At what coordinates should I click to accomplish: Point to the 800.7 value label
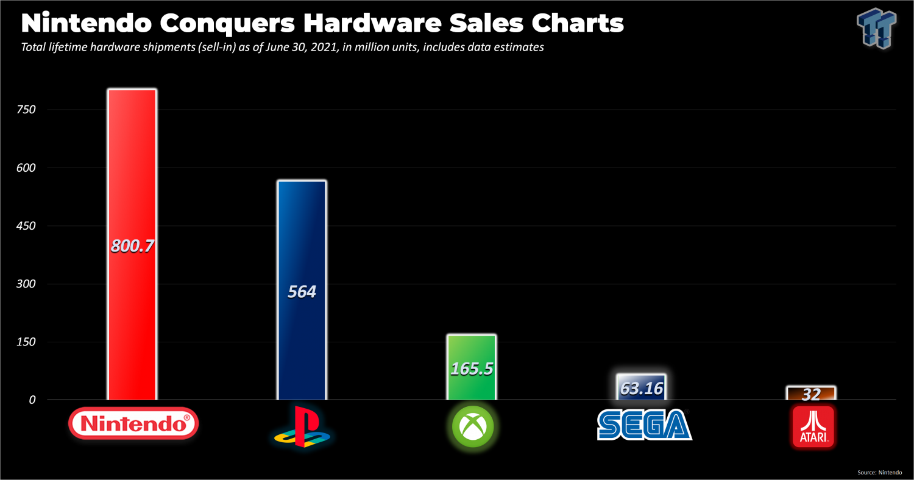132,246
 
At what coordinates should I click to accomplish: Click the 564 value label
302,292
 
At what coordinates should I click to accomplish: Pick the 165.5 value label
472,369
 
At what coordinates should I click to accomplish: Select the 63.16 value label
641,388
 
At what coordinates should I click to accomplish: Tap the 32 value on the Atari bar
811,394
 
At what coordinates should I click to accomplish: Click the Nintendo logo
134,423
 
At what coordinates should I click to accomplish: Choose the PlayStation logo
302,427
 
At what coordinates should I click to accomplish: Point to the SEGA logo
644,424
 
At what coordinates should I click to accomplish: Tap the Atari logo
812,426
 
